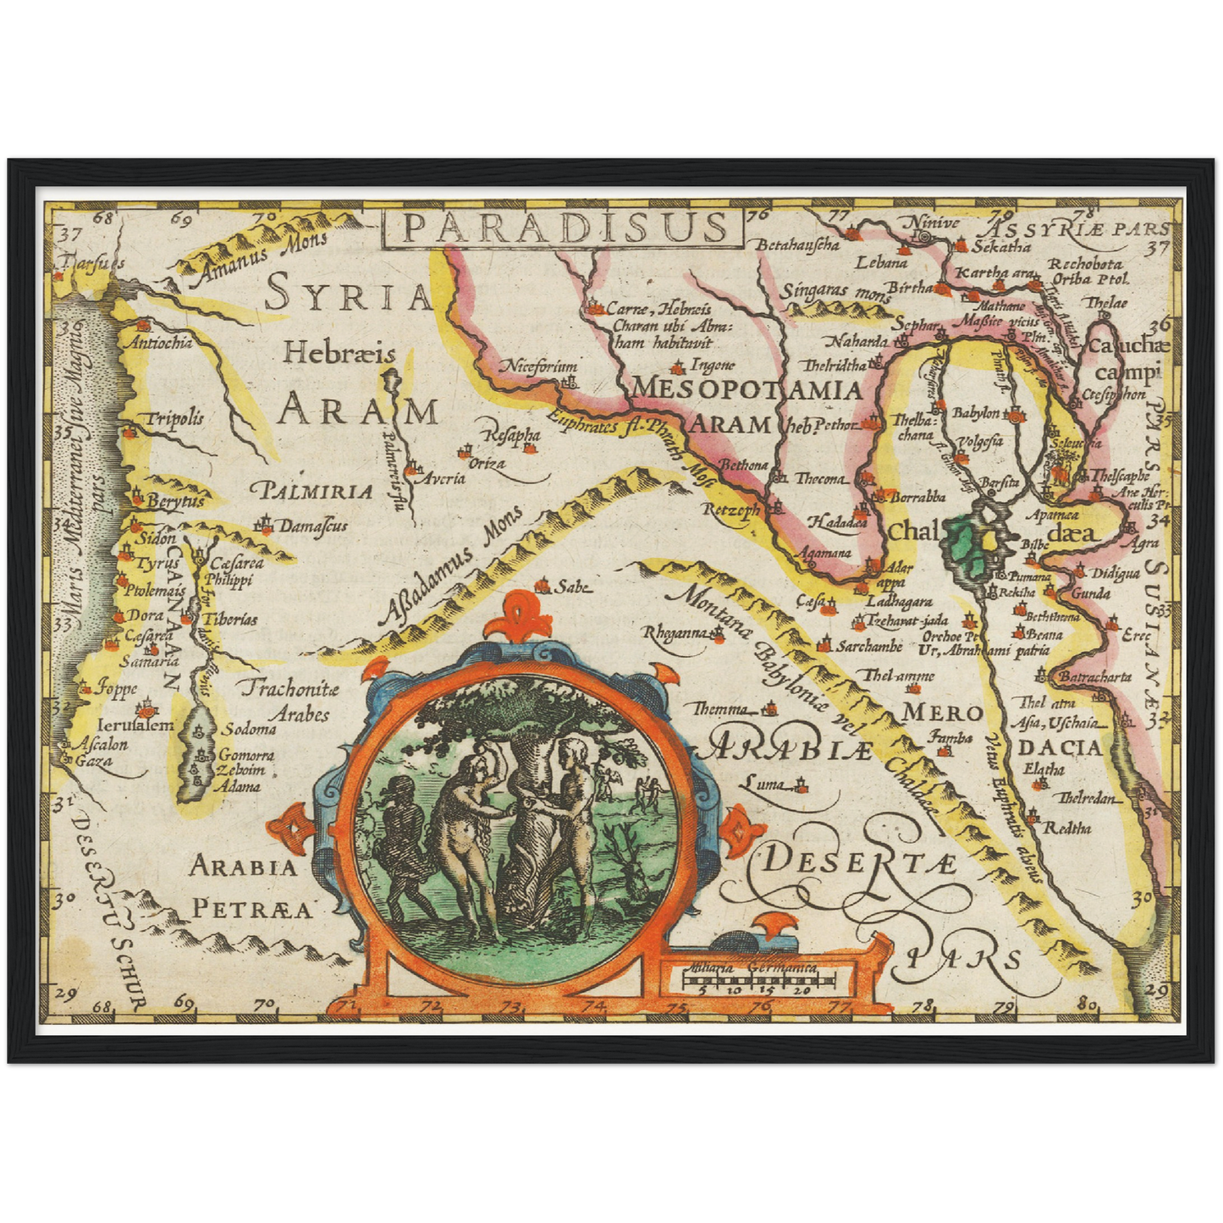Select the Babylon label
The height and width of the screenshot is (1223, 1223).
(976, 414)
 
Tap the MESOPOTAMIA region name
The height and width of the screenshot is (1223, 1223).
(746, 389)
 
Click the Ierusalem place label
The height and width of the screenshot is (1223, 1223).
(135, 725)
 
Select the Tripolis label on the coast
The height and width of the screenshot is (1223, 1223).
(174, 418)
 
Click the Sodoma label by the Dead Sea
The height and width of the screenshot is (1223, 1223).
(249, 730)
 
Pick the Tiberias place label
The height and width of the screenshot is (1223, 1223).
(229, 620)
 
